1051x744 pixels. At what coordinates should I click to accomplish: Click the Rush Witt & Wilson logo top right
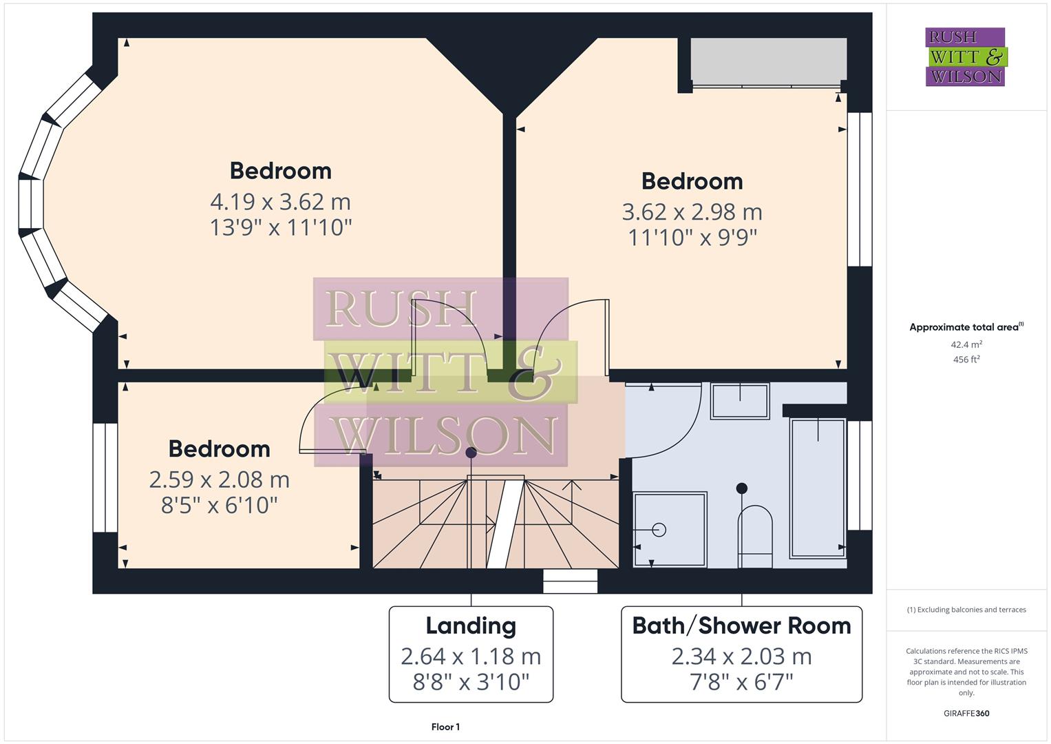[965, 56]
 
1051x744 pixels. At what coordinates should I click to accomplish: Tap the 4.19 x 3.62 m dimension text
[280, 202]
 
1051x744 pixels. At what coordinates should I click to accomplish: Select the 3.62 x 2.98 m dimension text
[692, 212]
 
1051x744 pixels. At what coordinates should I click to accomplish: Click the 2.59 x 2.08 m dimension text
[219, 479]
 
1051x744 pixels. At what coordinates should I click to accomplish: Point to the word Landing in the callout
[471, 626]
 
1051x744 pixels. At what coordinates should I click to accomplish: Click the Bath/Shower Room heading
[741, 626]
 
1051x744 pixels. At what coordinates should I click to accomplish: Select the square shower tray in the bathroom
[670, 530]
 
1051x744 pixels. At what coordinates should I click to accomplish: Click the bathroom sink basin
[740, 401]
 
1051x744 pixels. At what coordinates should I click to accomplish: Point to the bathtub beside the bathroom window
[818, 486]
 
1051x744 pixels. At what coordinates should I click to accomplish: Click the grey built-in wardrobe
[768, 60]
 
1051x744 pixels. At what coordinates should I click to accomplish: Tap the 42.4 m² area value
[966, 344]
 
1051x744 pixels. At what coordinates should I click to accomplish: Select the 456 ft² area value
[966, 360]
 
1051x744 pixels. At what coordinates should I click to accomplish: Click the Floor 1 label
[445, 727]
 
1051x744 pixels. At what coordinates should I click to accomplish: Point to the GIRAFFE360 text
[966, 713]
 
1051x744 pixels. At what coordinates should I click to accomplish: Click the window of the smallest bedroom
[105, 477]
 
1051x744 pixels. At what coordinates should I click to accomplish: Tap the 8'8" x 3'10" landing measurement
[471, 682]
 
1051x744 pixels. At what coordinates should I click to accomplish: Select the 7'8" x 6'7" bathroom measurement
[741, 682]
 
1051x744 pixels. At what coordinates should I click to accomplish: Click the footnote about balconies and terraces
[966, 610]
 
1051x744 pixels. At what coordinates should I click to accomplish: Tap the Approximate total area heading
[966, 327]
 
